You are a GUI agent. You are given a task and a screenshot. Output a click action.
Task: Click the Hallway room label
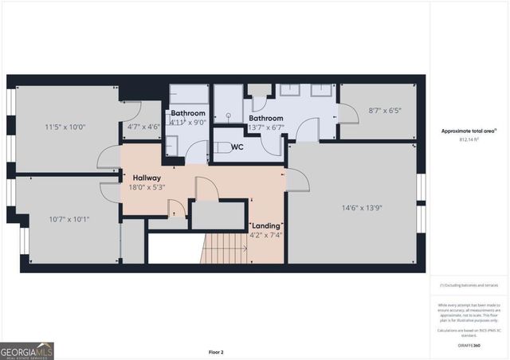[147, 178]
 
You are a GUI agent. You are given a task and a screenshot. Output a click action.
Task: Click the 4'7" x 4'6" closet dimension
[144, 126]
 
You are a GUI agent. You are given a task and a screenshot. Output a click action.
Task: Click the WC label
[237, 147]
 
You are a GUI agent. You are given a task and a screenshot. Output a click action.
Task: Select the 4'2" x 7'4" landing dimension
[266, 236]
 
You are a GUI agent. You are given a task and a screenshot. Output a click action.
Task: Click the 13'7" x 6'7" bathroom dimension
[266, 127]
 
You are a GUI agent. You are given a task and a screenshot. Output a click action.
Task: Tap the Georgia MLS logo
[27, 350]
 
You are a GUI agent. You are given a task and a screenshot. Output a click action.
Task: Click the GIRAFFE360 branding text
[469, 345]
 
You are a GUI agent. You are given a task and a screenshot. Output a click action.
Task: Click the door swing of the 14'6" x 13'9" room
[298, 181]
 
